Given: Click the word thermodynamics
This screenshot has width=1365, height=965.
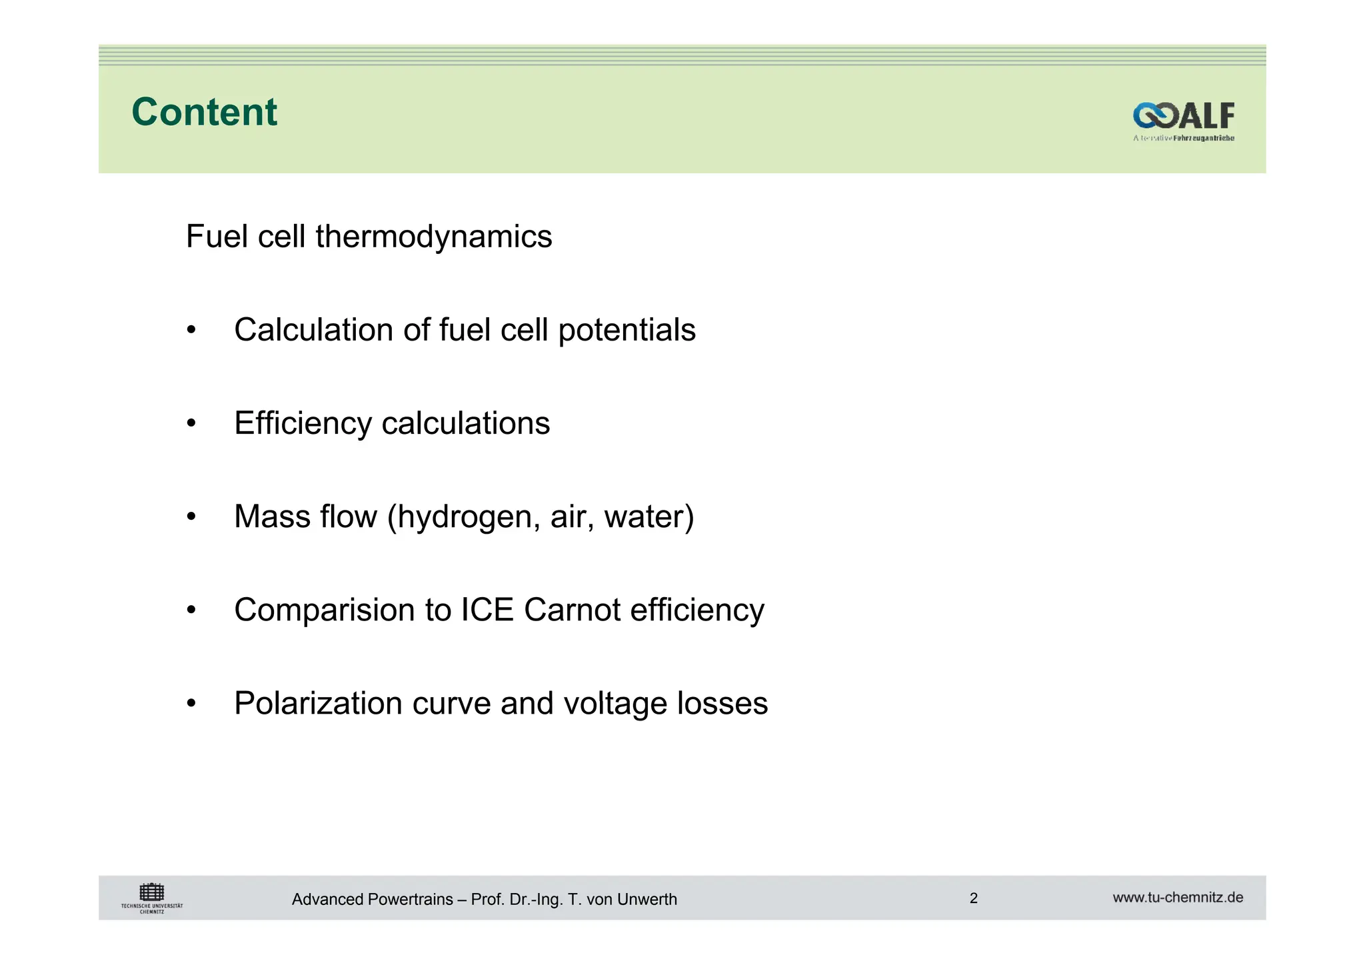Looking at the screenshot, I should tap(434, 237).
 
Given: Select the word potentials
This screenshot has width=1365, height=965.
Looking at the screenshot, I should tap(627, 330).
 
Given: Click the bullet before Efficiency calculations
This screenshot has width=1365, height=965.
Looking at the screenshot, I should tap(192, 423).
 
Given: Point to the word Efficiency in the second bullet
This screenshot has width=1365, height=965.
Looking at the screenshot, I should tap(303, 423).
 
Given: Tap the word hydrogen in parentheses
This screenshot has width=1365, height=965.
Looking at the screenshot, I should tap(465, 517).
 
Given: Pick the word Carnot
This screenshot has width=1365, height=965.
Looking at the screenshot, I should tap(573, 610).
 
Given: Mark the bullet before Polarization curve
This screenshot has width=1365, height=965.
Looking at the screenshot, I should tap(192, 703).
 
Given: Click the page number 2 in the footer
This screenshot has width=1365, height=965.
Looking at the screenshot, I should tap(973, 898).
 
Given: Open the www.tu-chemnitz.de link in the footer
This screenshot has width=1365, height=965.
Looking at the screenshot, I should tap(1178, 898).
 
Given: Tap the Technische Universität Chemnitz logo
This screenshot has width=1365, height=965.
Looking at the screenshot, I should tap(152, 898).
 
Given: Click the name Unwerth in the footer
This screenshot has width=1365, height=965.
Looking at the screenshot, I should tap(647, 900).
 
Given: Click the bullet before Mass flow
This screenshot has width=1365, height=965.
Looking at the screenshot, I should tap(192, 516).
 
